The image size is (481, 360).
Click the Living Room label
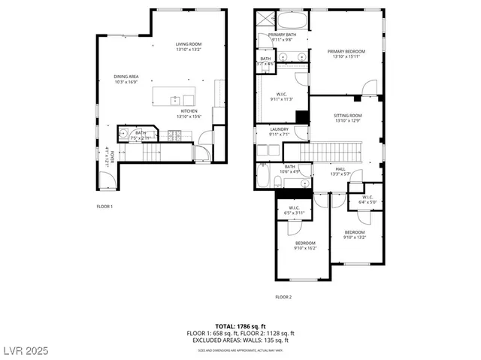click(189, 47)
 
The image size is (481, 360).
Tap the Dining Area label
click(126, 79)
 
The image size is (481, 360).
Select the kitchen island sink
click(174, 98)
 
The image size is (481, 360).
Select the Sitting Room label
click(347, 118)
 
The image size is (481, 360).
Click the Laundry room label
click(280, 132)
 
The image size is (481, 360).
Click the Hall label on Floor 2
click(340, 171)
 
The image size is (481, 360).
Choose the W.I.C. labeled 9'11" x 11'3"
click(280, 95)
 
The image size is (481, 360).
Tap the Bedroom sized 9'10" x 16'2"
click(305, 245)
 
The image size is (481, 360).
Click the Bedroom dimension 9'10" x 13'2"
click(355, 234)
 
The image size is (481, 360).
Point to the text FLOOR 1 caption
click(104, 206)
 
